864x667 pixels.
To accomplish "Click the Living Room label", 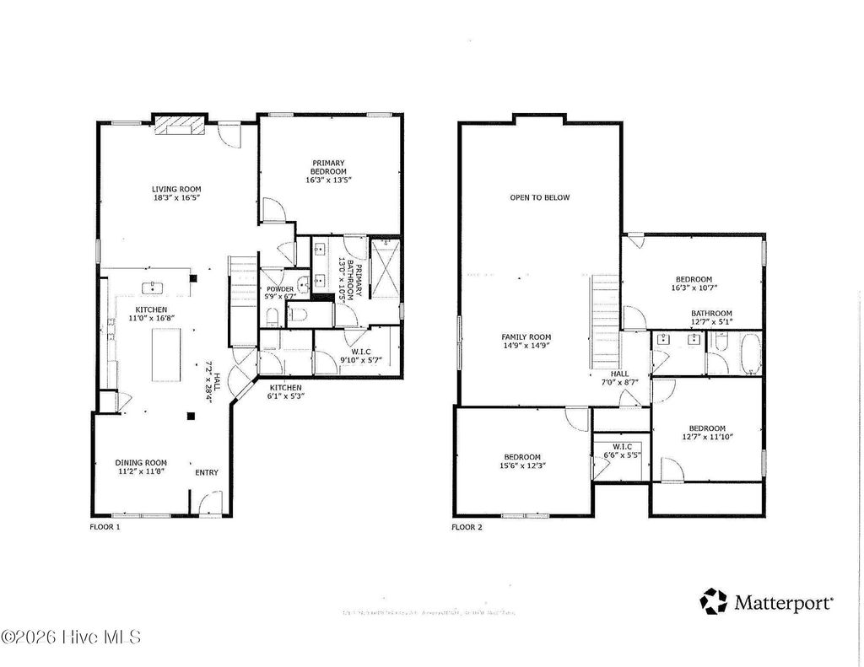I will tap(176, 189).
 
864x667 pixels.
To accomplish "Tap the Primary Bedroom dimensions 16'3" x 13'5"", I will tap(328, 180).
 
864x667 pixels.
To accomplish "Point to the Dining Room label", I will tap(141, 462).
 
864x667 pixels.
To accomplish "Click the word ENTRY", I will tap(207, 472).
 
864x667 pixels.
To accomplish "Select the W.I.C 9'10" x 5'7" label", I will tap(360, 355).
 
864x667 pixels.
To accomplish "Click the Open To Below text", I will tap(539, 197).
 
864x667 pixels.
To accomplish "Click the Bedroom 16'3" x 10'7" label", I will tap(694, 279).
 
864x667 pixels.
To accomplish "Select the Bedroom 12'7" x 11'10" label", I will tap(706, 428).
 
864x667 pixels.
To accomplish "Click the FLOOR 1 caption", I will tap(105, 526).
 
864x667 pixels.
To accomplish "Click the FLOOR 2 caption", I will tap(467, 526).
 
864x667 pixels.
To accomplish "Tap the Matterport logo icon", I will tap(713, 601).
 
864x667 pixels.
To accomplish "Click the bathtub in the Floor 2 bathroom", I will tap(748, 352).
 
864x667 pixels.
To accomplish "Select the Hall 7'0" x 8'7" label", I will tap(619, 378).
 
